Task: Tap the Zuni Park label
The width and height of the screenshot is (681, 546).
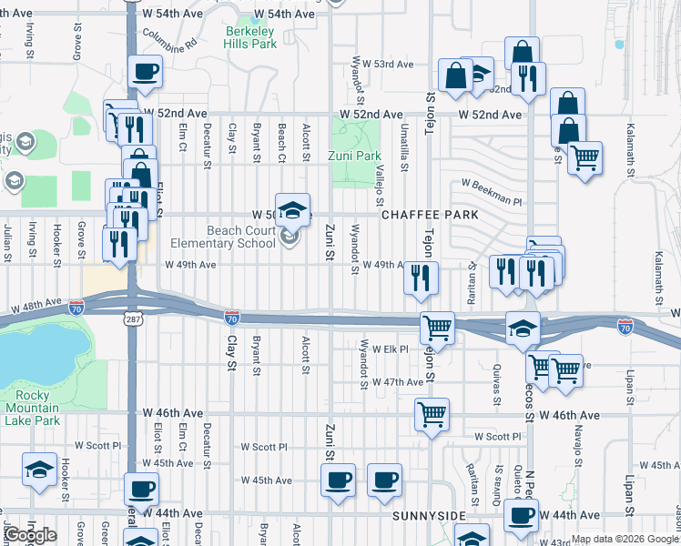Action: [354, 156]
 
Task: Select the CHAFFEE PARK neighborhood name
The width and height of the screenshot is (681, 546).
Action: [430, 215]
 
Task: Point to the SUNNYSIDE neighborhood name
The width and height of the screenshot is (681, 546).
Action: [429, 515]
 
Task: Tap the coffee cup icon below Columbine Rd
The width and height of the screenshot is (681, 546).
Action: [146, 72]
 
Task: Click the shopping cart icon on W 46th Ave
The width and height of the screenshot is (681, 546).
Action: [432, 414]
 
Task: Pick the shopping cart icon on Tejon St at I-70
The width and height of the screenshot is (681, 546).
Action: [438, 328]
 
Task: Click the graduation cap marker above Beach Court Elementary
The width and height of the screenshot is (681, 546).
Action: [292, 210]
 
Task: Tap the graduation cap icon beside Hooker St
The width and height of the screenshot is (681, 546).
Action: [39, 470]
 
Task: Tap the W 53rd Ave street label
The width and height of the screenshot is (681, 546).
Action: [389, 65]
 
